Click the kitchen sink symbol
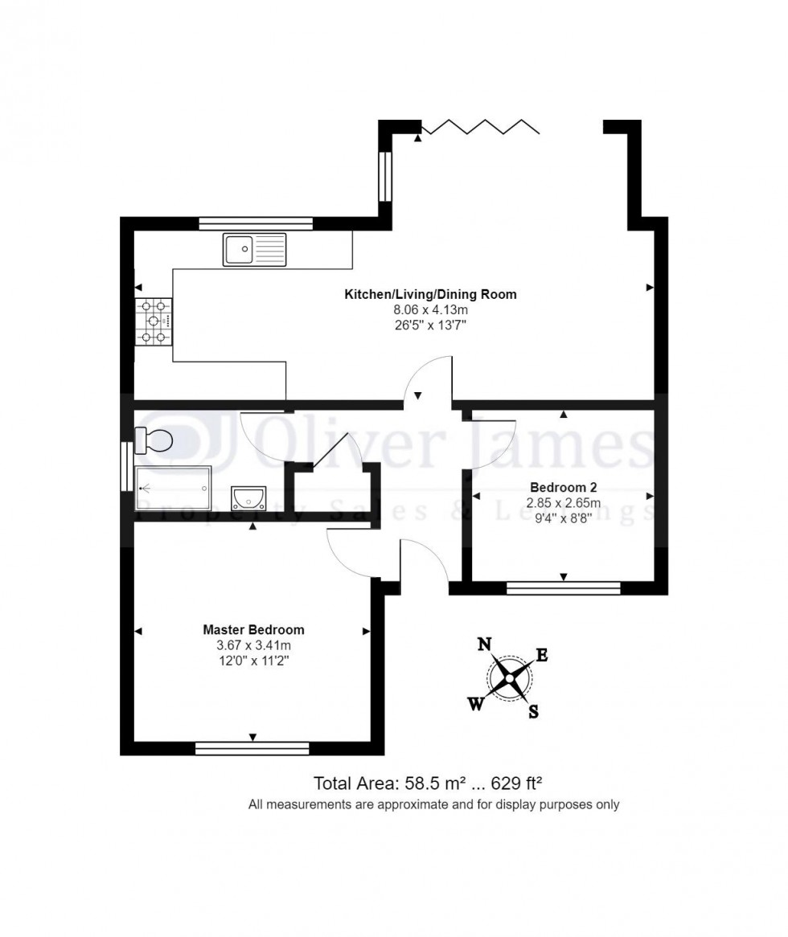tap(255, 249)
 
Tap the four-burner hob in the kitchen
tap(154, 321)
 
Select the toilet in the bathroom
tap(154, 440)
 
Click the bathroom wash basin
tap(248, 498)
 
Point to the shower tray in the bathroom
tap(173, 489)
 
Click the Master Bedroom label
tap(253, 630)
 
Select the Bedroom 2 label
tap(563, 487)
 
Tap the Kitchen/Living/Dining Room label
tap(430, 294)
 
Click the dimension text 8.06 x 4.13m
tap(430, 309)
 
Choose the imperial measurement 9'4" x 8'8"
tap(563, 518)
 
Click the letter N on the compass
tap(484, 644)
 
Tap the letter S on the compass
tap(533, 712)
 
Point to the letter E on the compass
tap(542, 656)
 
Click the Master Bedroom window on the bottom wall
tap(252, 749)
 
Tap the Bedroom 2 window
tap(563, 588)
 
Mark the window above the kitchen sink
tap(255, 224)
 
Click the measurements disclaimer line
tap(433, 804)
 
